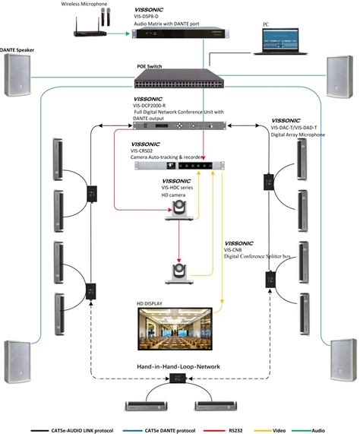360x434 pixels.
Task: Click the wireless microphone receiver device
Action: pos(90,30)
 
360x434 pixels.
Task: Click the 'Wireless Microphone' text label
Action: pos(85,5)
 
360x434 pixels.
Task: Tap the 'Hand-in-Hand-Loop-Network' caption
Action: pos(179,367)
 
